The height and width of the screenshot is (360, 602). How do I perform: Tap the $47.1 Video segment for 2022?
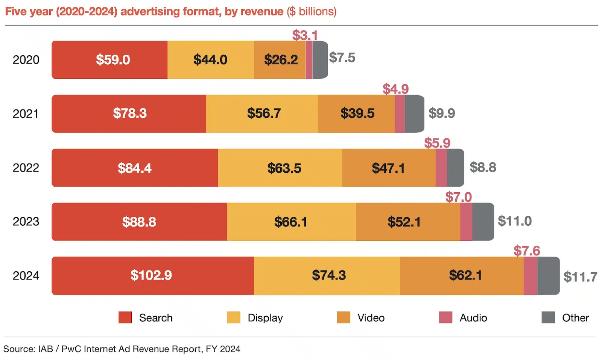click(x=389, y=168)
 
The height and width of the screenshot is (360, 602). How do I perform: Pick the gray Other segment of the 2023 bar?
click(x=483, y=222)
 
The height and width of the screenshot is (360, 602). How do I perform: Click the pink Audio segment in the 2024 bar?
click(x=530, y=276)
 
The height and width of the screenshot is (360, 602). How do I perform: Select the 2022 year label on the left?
click(x=26, y=168)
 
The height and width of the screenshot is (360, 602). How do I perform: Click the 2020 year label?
click(x=26, y=60)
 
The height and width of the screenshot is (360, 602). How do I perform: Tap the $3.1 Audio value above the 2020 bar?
click(x=305, y=35)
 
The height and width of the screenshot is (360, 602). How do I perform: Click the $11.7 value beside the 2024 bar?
click(x=580, y=277)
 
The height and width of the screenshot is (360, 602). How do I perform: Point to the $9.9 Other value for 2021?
click(x=442, y=113)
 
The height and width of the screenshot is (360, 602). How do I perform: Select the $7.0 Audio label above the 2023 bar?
click(x=458, y=197)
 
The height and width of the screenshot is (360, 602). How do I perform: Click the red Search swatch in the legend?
click(x=125, y=317)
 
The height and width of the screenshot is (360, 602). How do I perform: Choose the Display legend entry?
click(x=265, y=318)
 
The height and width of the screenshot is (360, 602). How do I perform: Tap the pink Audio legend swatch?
click(x=445, y=317)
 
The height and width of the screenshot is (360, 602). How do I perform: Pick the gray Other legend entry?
click(x=575, y=318)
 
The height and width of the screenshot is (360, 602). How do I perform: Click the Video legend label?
click(x=371, y=318)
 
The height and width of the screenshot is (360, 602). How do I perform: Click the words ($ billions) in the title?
click(x=312, y=12)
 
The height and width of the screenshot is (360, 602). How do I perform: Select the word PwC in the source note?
click(x=71, y=349)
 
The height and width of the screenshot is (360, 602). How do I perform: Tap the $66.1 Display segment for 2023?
click(x=291, y=222)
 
